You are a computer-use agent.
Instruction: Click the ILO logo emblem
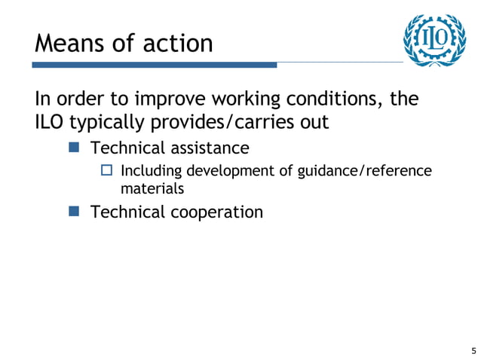pyautogui.click(x=430, y=39)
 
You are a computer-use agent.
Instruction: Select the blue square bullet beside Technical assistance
pyautogui.click(x=74, y=146)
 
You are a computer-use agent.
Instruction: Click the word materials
pyautogui.click(x=152, y=188)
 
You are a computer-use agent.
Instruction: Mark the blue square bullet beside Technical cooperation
pyautogui.click(x=74, y=212)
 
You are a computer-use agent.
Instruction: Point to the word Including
pyautogui.click(x=152, y=172)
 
